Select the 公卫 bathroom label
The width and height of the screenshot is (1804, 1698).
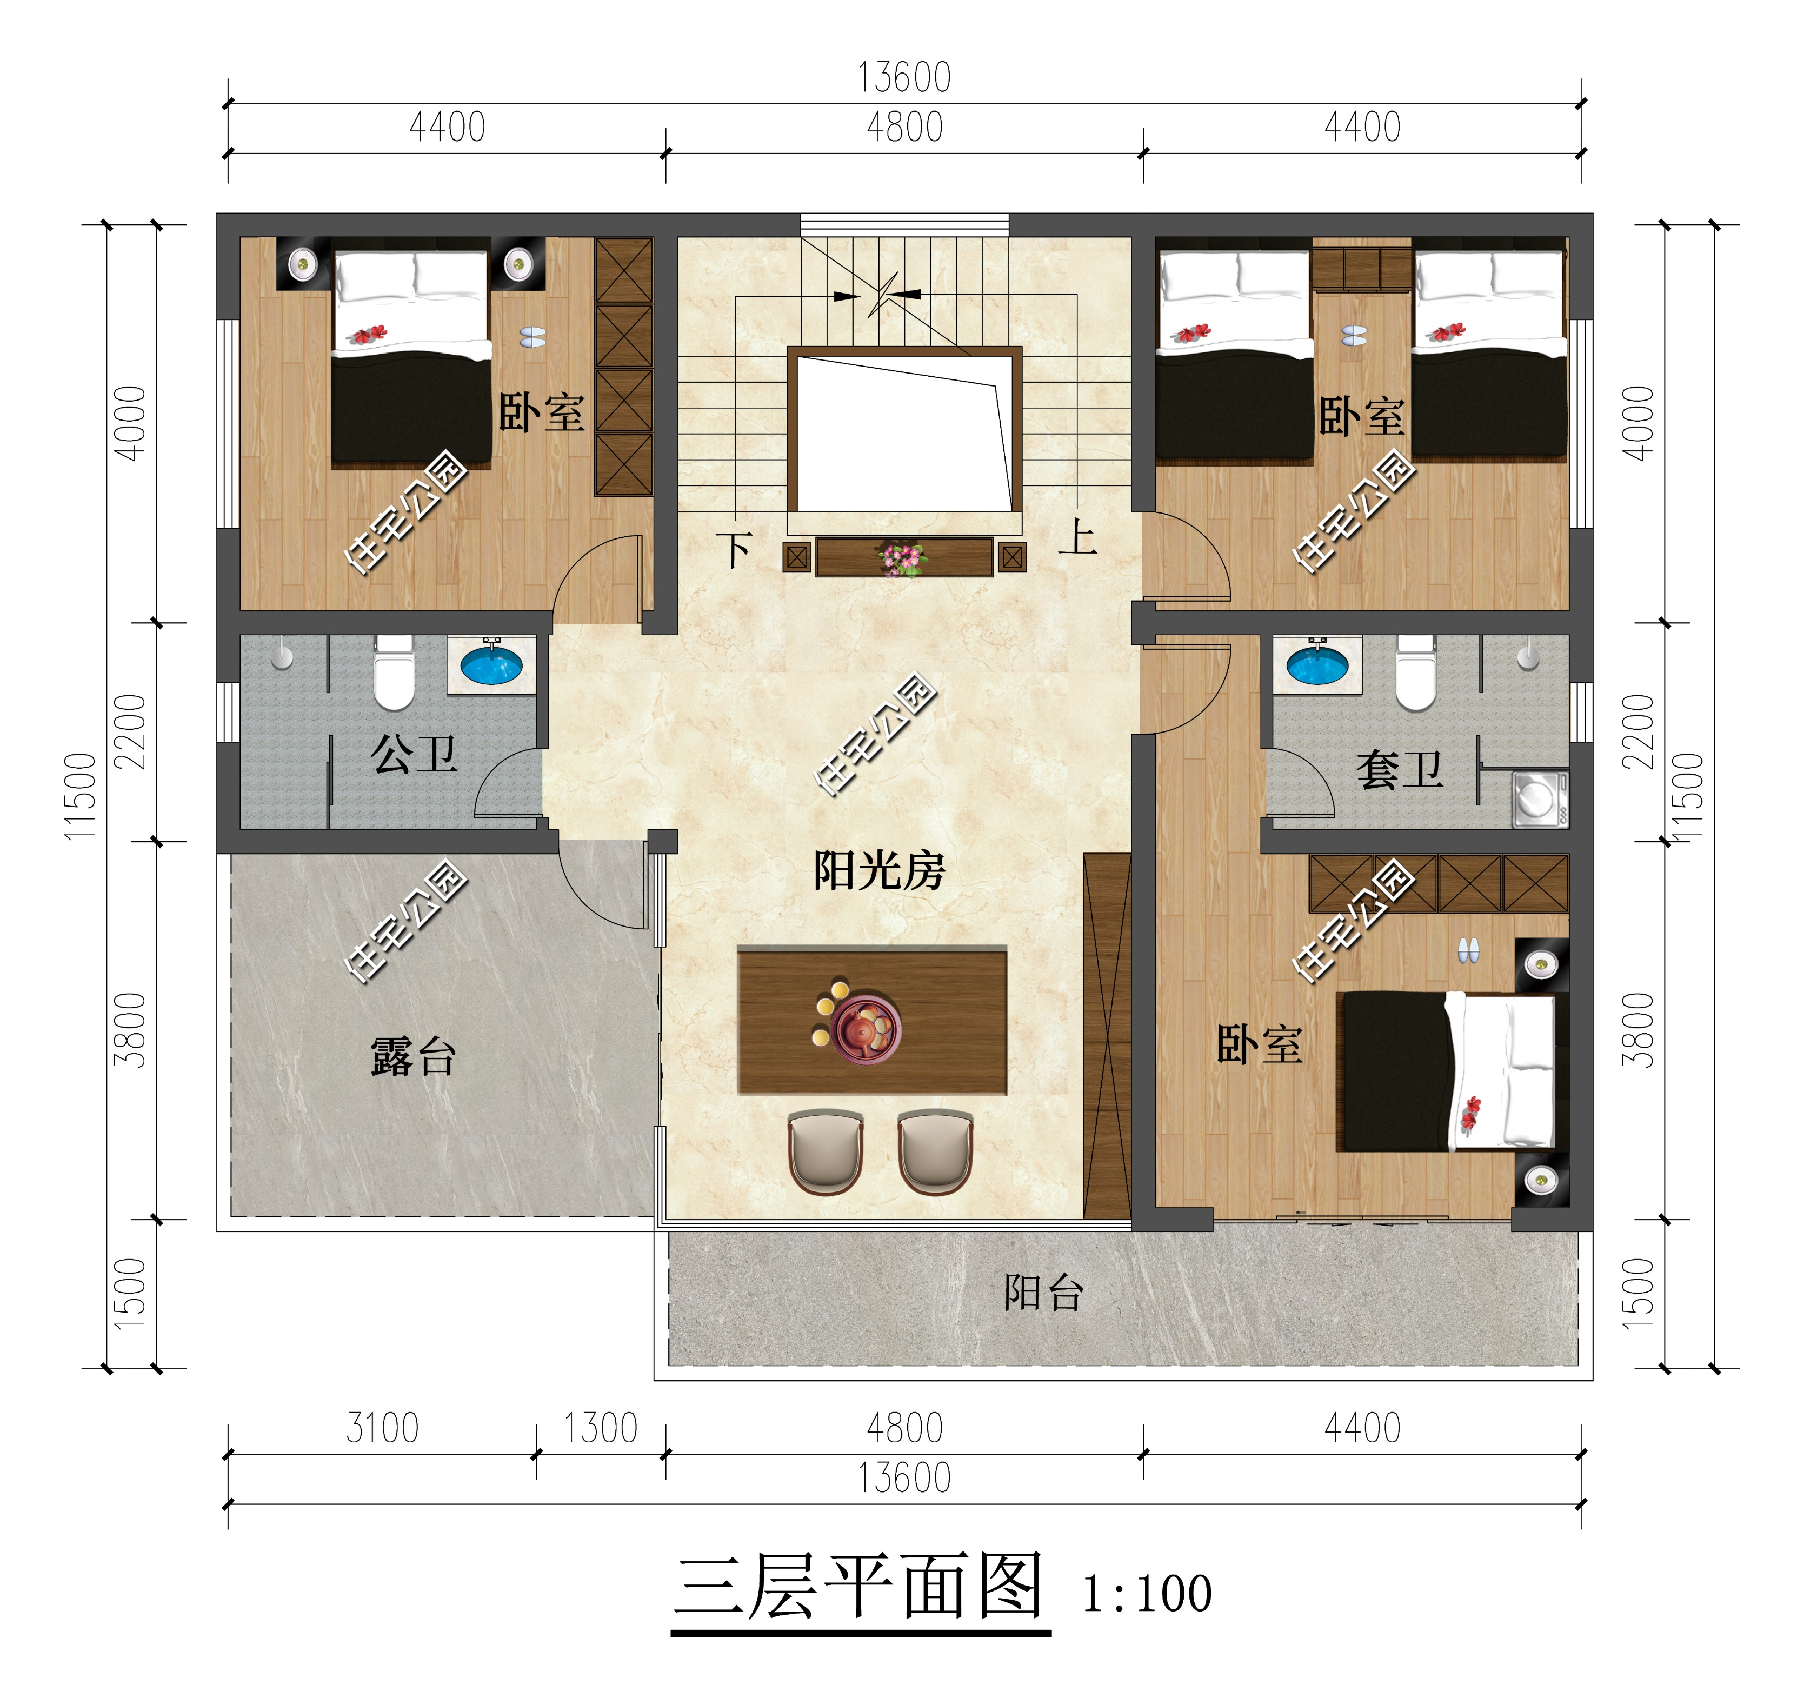pos(414,754)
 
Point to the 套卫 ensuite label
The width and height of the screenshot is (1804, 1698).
pos(1399,770)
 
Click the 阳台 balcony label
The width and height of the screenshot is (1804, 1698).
pos(1043,1293)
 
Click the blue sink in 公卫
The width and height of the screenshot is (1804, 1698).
pos(491,665)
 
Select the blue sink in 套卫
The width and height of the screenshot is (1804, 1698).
pos(1317,665)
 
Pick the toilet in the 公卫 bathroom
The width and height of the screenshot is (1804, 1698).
pos(394,674)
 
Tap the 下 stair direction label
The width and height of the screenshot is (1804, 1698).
pos(734,550)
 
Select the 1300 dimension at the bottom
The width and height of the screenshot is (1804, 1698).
pos(601,1428)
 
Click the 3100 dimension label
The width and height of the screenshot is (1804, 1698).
pos(382,1428)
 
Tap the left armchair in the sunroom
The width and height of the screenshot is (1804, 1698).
pos(825,1153)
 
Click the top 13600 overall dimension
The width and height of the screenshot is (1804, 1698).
pos(904,78)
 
